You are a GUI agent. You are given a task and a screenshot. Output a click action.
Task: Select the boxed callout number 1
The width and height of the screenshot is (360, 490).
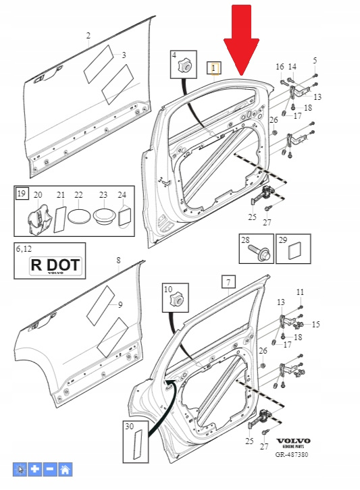coord(214,68)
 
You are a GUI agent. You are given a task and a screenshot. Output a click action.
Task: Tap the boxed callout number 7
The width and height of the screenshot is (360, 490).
coord(229,282)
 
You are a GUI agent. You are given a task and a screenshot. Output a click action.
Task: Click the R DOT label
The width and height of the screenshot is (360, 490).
coord(55,266)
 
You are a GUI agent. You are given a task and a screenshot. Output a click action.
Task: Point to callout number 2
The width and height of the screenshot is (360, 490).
coord(88,36)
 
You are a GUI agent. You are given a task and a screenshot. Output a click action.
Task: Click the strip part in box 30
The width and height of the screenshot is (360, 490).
coord(138,444)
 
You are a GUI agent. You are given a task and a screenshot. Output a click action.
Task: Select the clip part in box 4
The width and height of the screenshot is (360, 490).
coord(184,66)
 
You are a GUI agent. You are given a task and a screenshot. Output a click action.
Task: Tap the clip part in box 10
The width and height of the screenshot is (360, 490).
coord(176,300)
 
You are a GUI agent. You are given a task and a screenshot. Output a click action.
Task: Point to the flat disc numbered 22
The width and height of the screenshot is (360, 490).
coord(78,216)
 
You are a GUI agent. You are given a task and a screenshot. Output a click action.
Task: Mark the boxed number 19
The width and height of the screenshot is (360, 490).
coord(22,194)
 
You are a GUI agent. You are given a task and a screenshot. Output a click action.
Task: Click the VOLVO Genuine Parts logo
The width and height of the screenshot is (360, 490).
coord(293,443)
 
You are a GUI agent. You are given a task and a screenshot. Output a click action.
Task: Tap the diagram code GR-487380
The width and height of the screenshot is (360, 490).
coord(292,454)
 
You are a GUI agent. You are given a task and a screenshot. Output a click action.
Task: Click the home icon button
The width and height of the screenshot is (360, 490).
coord(65,469)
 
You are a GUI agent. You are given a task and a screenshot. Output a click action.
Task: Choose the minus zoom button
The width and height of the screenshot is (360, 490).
coord(50,469)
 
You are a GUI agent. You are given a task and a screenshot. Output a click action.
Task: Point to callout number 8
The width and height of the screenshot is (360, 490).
coord(118,261)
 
